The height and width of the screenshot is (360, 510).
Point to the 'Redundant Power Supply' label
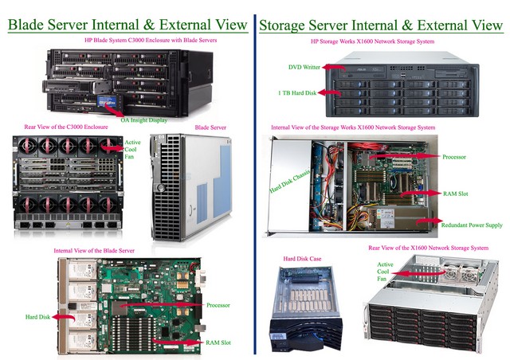coord(471,225)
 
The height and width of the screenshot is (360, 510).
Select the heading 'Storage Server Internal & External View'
coord(381,24)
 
